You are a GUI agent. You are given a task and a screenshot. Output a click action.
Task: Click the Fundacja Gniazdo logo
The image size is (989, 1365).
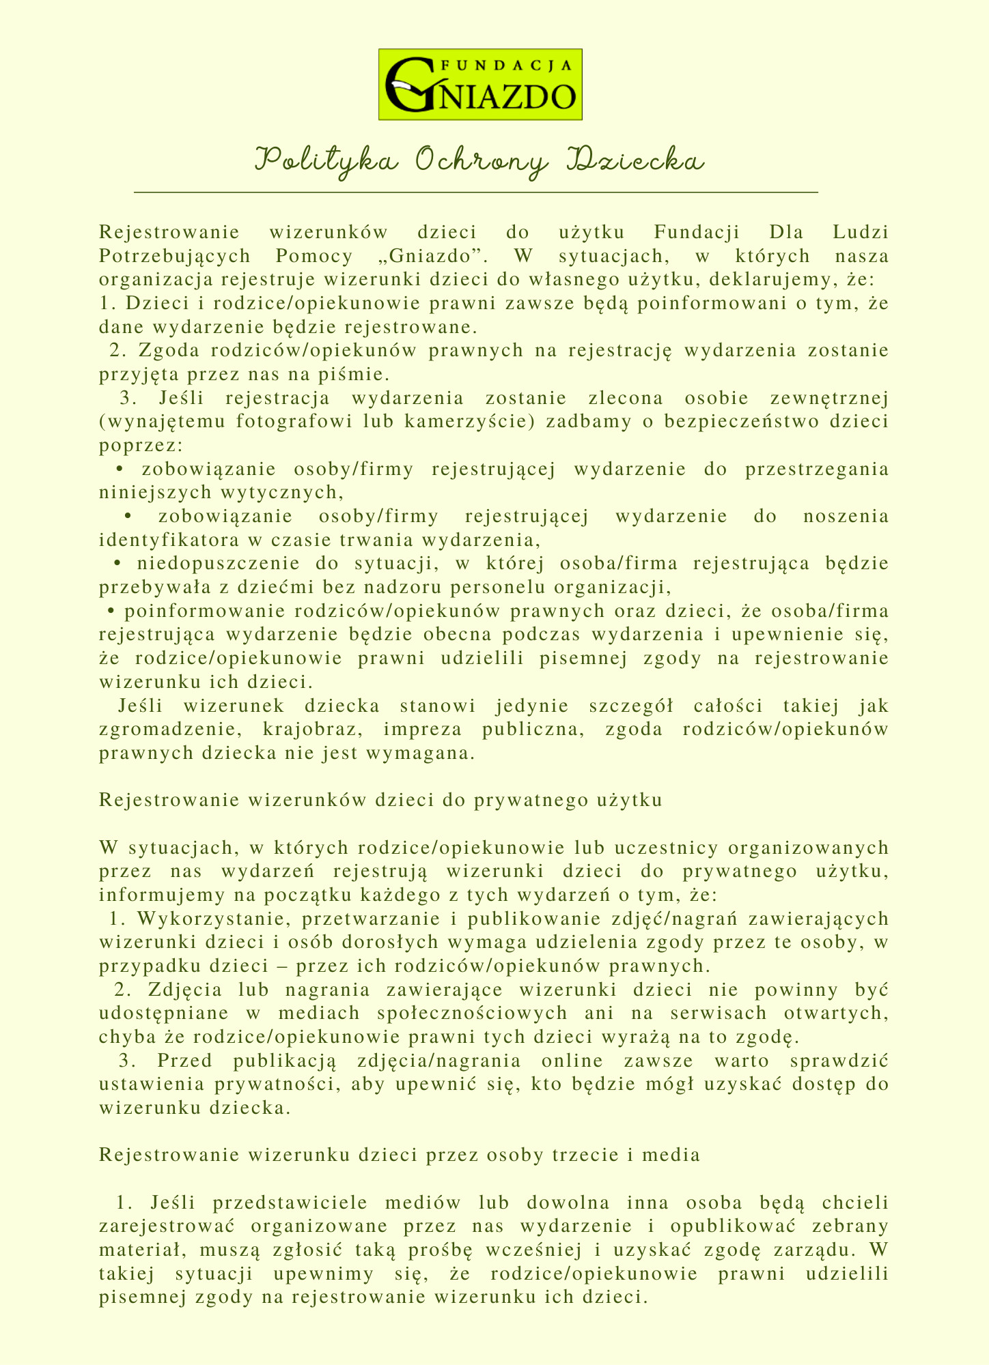click(x=480, y=85)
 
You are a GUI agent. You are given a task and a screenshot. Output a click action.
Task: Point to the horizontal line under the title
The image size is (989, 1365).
click(x=476, y=194)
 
